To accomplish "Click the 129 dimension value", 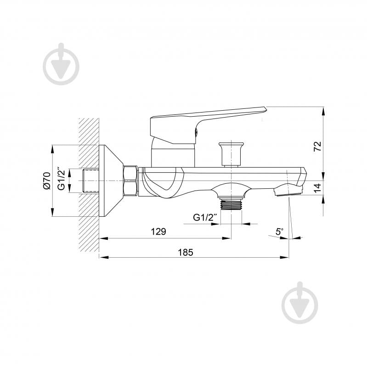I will coord(158,231).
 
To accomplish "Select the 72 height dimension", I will coord(317,146).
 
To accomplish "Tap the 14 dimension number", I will coord(317,187).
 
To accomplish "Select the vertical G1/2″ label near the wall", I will coord(61,181).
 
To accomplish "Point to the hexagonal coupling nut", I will coord(130,181).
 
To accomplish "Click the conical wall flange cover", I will coord(110,181).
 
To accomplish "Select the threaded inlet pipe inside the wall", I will coord(90,181).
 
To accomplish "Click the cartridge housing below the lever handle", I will coord(174,155).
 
